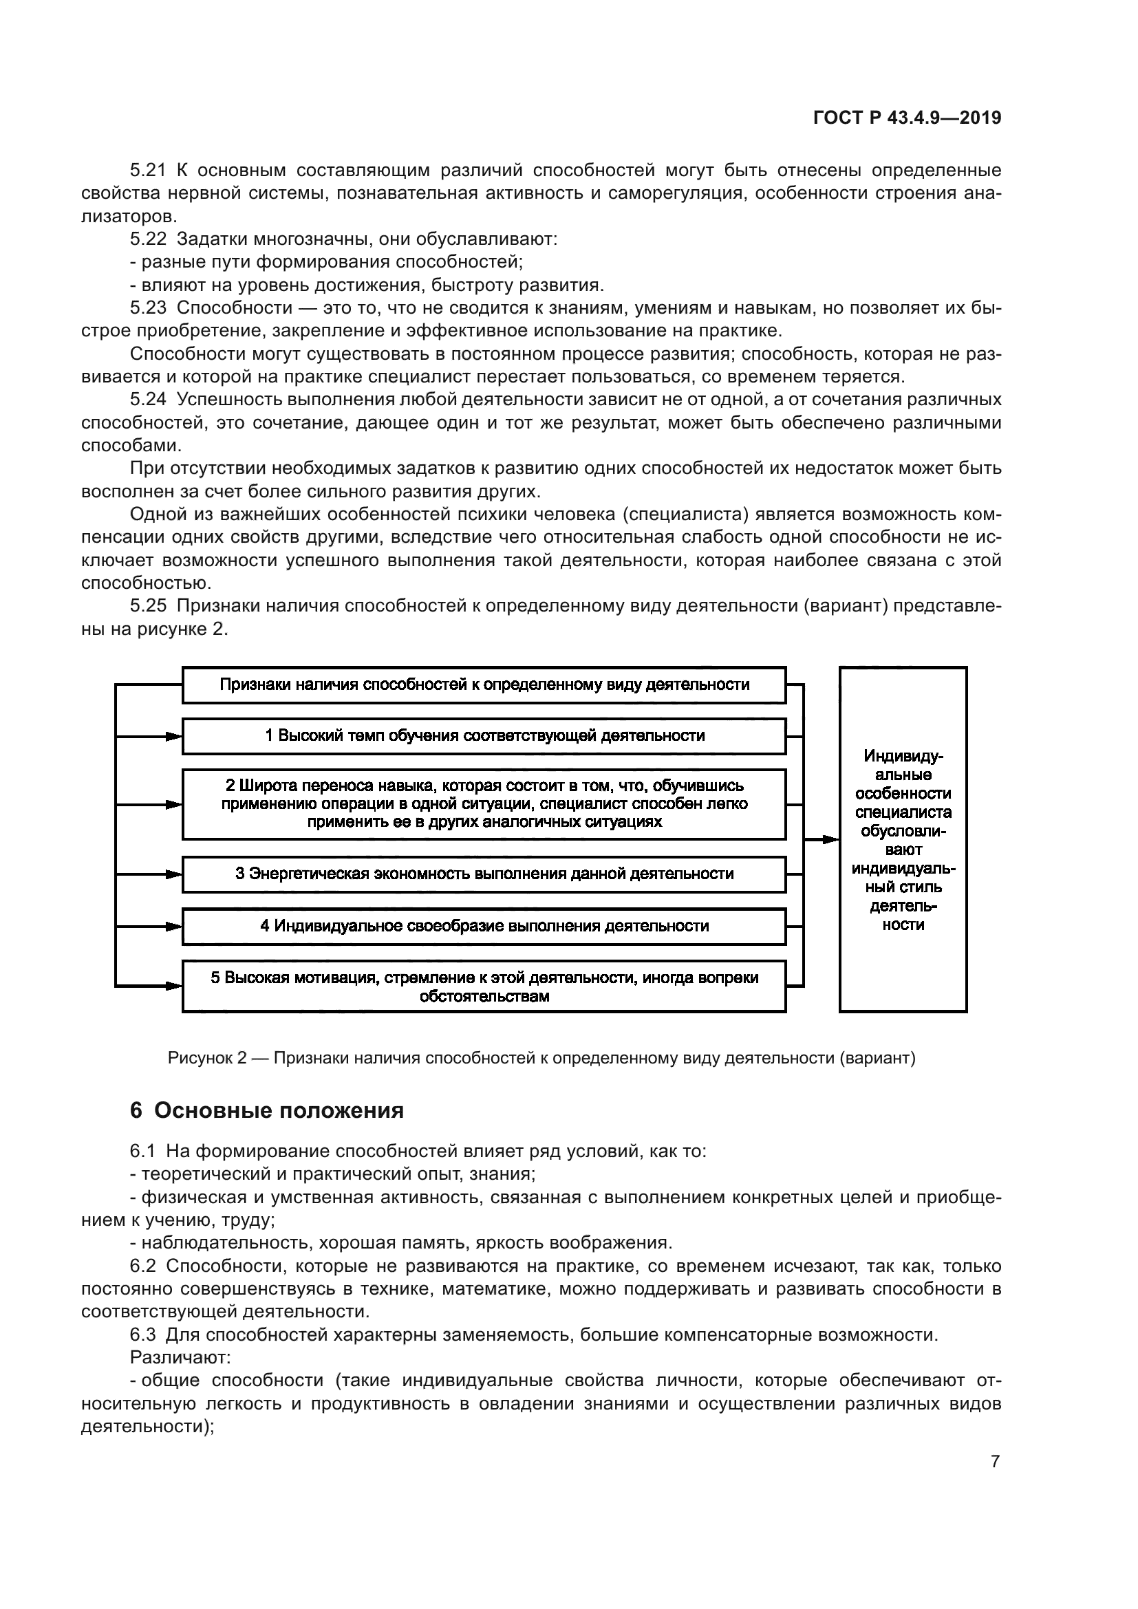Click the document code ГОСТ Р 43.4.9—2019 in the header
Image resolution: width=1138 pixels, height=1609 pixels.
point(907,118)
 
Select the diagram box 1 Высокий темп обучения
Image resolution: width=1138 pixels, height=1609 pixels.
point(484,736)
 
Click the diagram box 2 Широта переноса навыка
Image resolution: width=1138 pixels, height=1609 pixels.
point(484,803)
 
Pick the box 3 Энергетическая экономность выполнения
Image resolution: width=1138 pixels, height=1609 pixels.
point(484,874)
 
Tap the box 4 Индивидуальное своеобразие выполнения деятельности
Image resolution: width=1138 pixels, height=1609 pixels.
point(484,926)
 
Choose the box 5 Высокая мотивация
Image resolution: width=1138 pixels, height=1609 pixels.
point(484,986)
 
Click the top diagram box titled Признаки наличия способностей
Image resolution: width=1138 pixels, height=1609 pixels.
point(484,684)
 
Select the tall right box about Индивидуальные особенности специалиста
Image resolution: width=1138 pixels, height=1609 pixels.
point(903,839)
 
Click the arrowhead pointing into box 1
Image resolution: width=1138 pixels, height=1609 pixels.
point(174,737)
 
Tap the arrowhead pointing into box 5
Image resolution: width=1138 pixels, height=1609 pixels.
point(174,986)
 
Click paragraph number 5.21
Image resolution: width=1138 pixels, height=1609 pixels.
point(149,171)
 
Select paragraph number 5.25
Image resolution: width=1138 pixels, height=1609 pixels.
point(149,606)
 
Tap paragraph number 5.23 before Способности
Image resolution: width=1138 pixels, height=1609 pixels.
point(149,307)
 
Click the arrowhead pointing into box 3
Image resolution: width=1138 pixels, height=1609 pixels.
point(174,874)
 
